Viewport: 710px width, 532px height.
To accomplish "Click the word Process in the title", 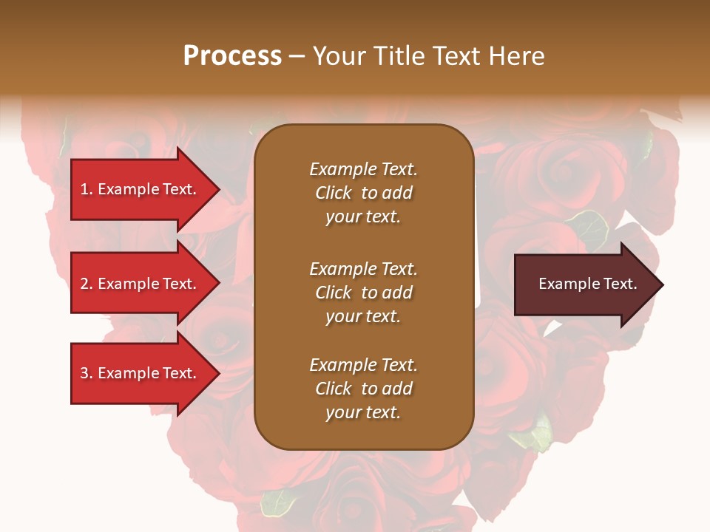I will click(x=232, y=56).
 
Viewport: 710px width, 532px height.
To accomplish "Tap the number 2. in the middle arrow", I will click(x=87, y=284).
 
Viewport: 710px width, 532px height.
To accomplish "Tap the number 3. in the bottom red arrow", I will click(x=87, y=373).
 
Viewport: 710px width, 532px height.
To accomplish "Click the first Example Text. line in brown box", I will click(x=363, y=169).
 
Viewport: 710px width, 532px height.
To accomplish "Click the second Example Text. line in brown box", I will click(x=363, y=269).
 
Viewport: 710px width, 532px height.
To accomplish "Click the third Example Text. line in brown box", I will click(x=363, y=365).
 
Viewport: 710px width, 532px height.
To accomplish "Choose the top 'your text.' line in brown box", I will click(x=363, y=216).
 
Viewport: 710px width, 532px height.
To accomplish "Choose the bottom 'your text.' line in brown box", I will click(x=363, y=412).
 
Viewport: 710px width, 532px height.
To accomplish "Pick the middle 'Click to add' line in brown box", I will click(x=363, y=293).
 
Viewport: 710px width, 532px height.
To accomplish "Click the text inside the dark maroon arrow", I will click(x=588, y=284).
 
